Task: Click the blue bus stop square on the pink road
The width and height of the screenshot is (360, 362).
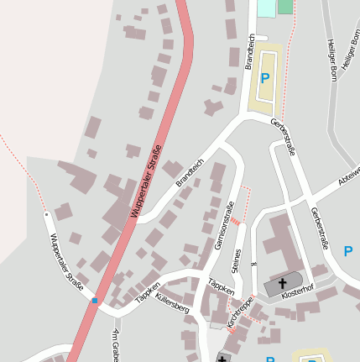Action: click(96, 300)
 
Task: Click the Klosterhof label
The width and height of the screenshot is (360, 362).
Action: click(297, 296)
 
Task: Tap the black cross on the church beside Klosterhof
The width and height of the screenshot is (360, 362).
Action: click(283, 283)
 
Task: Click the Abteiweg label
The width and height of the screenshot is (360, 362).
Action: click(348, 175)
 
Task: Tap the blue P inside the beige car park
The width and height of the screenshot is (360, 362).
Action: click(265, 78)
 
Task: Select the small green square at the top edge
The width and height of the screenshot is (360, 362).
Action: click(285, 6)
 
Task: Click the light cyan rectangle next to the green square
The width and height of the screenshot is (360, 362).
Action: click(265, 8)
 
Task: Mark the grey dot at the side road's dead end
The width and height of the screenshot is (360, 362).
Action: click(46, 214)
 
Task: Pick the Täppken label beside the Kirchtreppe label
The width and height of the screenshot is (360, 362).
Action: click(221, 286)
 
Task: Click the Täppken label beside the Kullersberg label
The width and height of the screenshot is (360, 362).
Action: click(147, 291)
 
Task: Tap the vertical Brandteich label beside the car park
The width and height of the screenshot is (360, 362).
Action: click(249, 51)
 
